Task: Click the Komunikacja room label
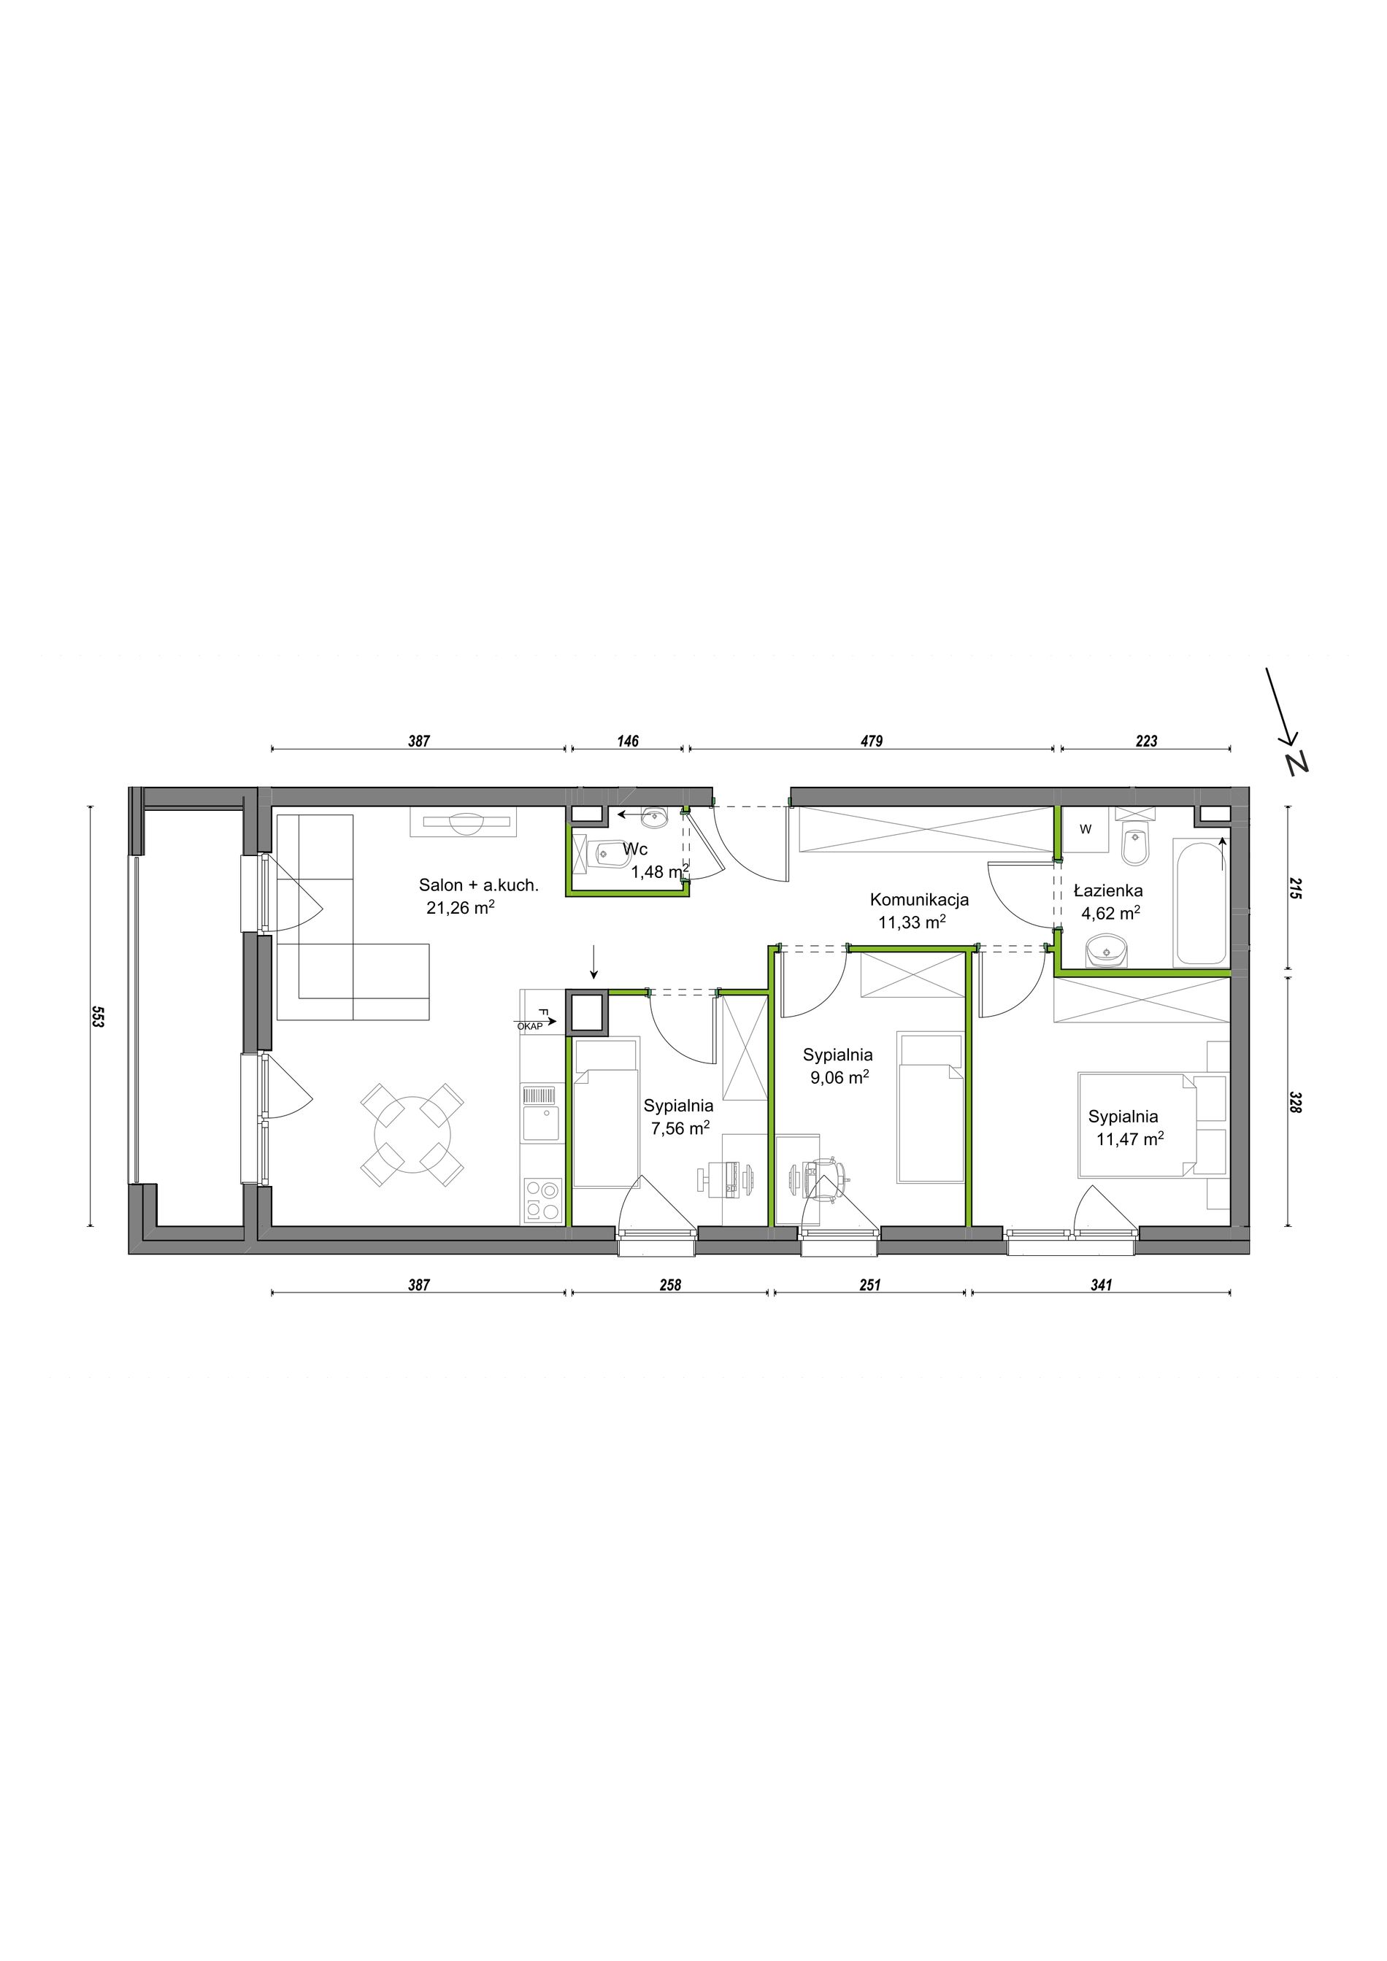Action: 919,899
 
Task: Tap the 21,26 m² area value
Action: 461,907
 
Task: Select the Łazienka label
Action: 1107,891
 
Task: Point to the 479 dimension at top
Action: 870,741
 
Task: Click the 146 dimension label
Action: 628,741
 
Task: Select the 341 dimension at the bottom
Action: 1102,1284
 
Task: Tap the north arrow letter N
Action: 1298,763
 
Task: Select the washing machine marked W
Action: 1085,829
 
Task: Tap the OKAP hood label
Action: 529,1027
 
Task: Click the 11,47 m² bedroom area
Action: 1131,1139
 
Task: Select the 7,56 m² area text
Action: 680,1128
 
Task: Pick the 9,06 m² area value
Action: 839,1077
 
